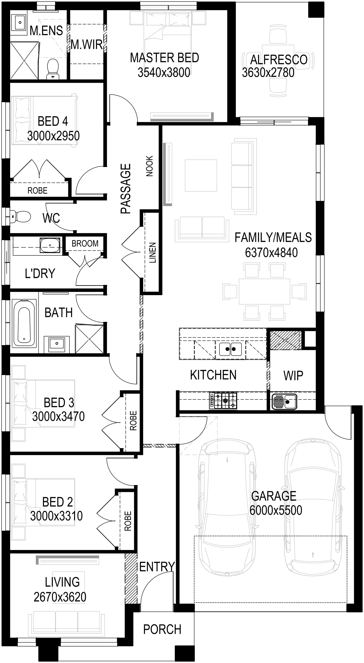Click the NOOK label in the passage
(149, 166)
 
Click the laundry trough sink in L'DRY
(50, 245)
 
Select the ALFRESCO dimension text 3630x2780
(268, 73)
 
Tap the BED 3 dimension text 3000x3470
(58, 416)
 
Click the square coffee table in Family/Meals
(201, 176)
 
